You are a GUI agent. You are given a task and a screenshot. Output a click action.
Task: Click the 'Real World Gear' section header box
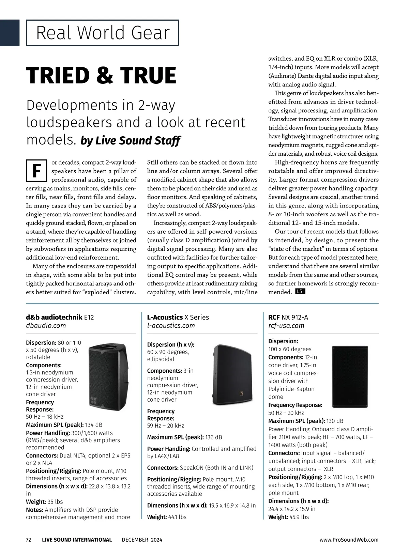point(103,33)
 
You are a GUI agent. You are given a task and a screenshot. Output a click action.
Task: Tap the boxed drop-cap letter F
point(36,170)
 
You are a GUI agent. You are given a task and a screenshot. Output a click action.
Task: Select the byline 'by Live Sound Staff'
point(130,140)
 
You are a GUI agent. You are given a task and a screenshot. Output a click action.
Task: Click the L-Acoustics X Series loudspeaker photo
point(233,375)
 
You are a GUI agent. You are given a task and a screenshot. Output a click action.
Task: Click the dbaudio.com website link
point(46,326)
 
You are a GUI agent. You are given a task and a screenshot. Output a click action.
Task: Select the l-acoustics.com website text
point(171,326)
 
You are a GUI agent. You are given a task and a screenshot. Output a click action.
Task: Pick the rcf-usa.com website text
point(286,326)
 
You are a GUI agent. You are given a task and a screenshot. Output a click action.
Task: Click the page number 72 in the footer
point(29,540)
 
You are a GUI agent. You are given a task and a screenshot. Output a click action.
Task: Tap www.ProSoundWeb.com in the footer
point(349,540)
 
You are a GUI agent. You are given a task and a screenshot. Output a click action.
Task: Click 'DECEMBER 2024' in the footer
point(142,540)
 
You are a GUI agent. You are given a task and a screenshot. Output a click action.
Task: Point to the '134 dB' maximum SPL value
point(94,425)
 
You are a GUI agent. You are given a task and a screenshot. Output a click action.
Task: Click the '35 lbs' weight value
point(55,502)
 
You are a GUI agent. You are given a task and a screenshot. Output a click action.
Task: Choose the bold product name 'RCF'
point(274,317)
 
